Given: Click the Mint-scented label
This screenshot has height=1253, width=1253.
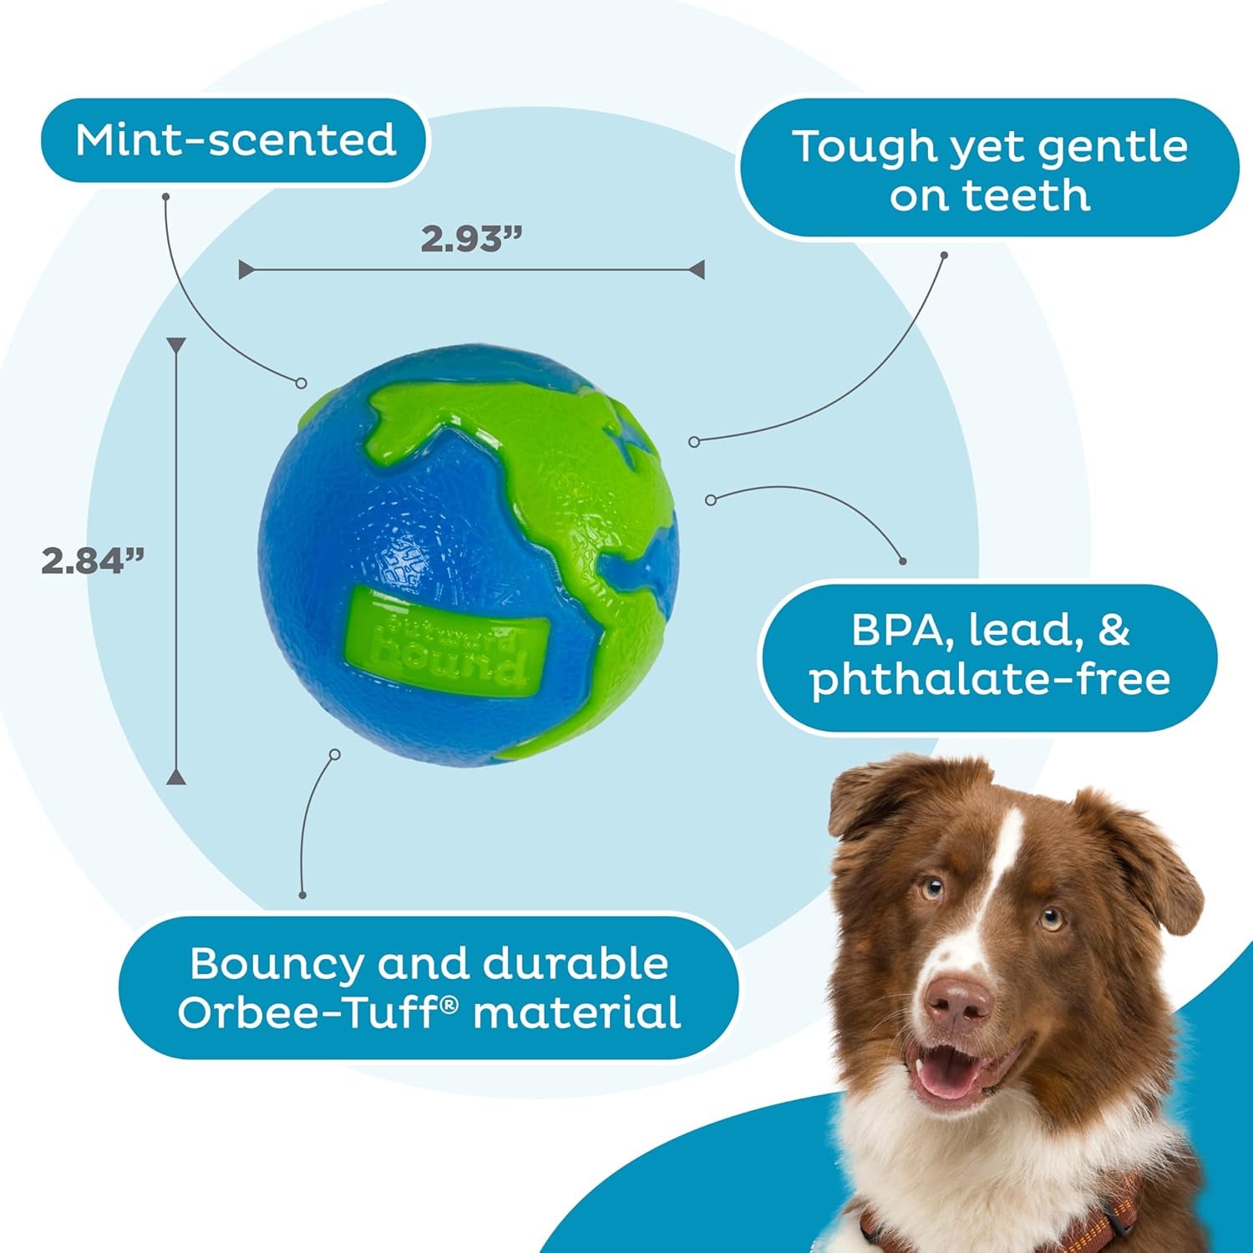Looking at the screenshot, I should [x=235, y=140].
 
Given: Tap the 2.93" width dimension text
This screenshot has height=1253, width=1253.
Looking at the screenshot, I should [x=470, y=240].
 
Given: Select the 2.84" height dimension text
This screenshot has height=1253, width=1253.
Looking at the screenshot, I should [x=93, y=561].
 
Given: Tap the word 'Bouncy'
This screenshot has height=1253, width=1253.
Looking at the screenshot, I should [x=276, y=963].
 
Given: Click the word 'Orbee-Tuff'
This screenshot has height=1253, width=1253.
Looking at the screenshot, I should [x=317, y=1013].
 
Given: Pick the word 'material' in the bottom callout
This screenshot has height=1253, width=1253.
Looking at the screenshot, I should [x=577, y=1013].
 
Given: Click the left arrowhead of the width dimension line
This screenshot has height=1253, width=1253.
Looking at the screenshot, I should [x=246, y=269].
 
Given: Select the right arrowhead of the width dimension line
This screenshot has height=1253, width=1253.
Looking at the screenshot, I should [x=697, y=269].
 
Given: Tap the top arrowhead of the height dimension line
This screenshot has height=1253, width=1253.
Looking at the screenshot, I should [x=176, y=346].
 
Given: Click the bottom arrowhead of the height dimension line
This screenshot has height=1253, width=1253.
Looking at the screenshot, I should [x=176, y=777].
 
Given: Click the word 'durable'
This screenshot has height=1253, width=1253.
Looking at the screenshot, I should [x=576, y=963].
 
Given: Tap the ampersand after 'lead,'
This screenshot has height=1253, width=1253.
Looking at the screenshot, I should [x=1113, y=630].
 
